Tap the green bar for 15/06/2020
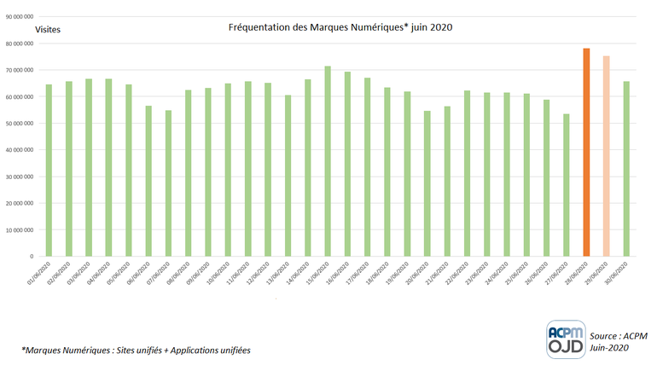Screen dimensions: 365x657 (x=328, y=161)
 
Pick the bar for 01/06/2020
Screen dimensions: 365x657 (x=49, y=170)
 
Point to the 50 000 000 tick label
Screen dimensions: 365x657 (x=18, y=124)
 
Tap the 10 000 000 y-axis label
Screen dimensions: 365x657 (x=18, y=229)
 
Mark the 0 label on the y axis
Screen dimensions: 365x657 (x=32, y=256)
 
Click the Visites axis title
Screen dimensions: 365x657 (x=49, y=30)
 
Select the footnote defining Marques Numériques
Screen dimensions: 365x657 (x=137, y=350)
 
